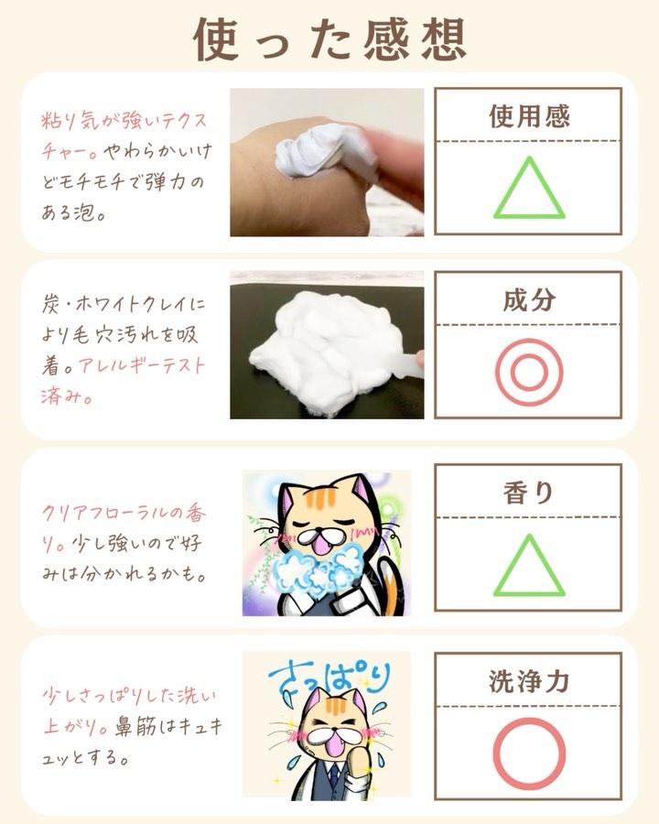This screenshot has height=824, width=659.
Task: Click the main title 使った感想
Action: (x=329, y=40)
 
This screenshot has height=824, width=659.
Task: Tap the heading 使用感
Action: (x=529, y=116)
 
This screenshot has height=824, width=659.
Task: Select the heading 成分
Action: (x=529, y=299)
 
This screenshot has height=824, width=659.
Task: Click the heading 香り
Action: (x=528, y=493)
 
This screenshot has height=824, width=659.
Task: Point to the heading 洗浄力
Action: (x=529, y=681)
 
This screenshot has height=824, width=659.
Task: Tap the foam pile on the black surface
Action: (x=326, y=347)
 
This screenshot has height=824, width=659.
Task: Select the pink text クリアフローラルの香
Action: (x=124, y=513)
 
